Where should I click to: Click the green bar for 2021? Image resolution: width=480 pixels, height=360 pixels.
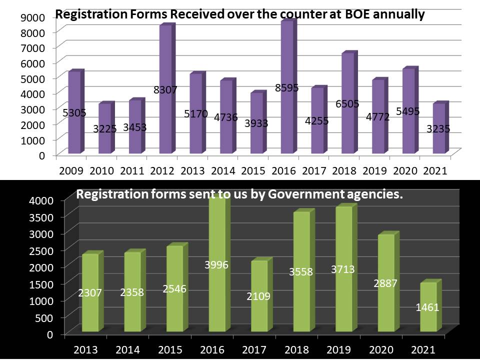[x=428, y=320]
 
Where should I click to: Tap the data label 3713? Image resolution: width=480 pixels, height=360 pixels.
[x=342, y=269]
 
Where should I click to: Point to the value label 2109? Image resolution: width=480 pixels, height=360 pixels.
[x=258, y=296]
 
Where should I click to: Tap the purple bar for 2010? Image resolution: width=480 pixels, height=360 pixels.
[x=105, y=145]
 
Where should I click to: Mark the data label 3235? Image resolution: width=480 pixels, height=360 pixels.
[x=438, y=128]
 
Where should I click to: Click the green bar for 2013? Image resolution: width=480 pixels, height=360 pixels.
[x=90, y=310]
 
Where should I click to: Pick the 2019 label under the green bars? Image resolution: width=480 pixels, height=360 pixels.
[x=342, y=348]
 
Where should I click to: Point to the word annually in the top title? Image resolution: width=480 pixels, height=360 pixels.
[x=401, y=14]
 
